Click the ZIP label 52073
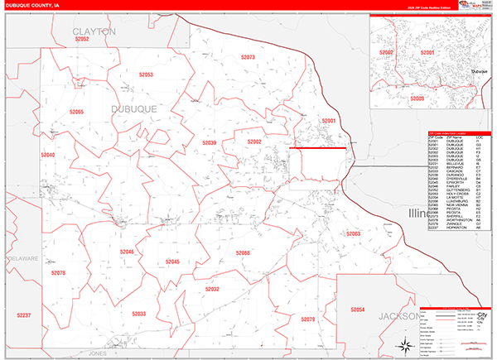[248, 57]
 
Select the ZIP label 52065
[76, 112]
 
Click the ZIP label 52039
[210, 143]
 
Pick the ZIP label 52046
[126, 251]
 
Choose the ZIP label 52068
[243, 252]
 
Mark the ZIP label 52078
[57, 272]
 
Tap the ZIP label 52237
[23, 315]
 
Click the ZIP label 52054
[358, 309]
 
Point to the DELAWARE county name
[22, 259]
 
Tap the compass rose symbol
[404, 346]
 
